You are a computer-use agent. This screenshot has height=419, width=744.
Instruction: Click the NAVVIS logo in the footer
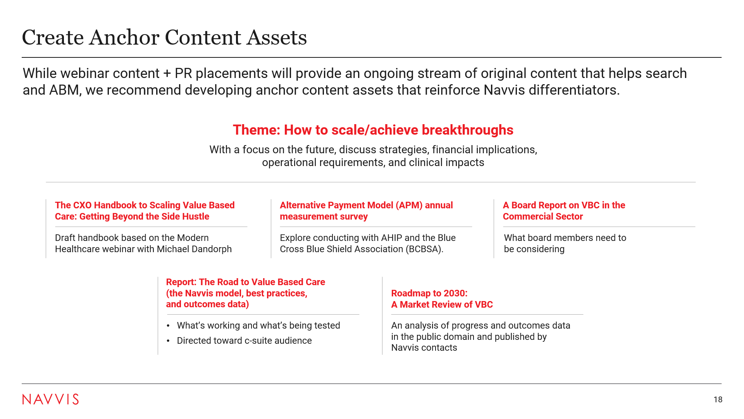[x=50, y=399]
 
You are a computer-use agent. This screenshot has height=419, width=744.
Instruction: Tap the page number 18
[x=718, y=400]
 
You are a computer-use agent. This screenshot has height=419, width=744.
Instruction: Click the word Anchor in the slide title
[x=124, y=38]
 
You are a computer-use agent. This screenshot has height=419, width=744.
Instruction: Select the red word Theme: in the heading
[x=256, y=130]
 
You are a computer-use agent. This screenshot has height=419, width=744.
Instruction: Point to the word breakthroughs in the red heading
[x=467, y=130]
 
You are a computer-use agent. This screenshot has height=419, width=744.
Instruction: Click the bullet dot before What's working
[x=168, y=326]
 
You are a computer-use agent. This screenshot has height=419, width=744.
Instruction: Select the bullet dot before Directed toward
[x=168, y=341]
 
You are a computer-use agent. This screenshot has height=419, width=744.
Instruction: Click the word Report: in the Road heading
[x=181, y=282]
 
